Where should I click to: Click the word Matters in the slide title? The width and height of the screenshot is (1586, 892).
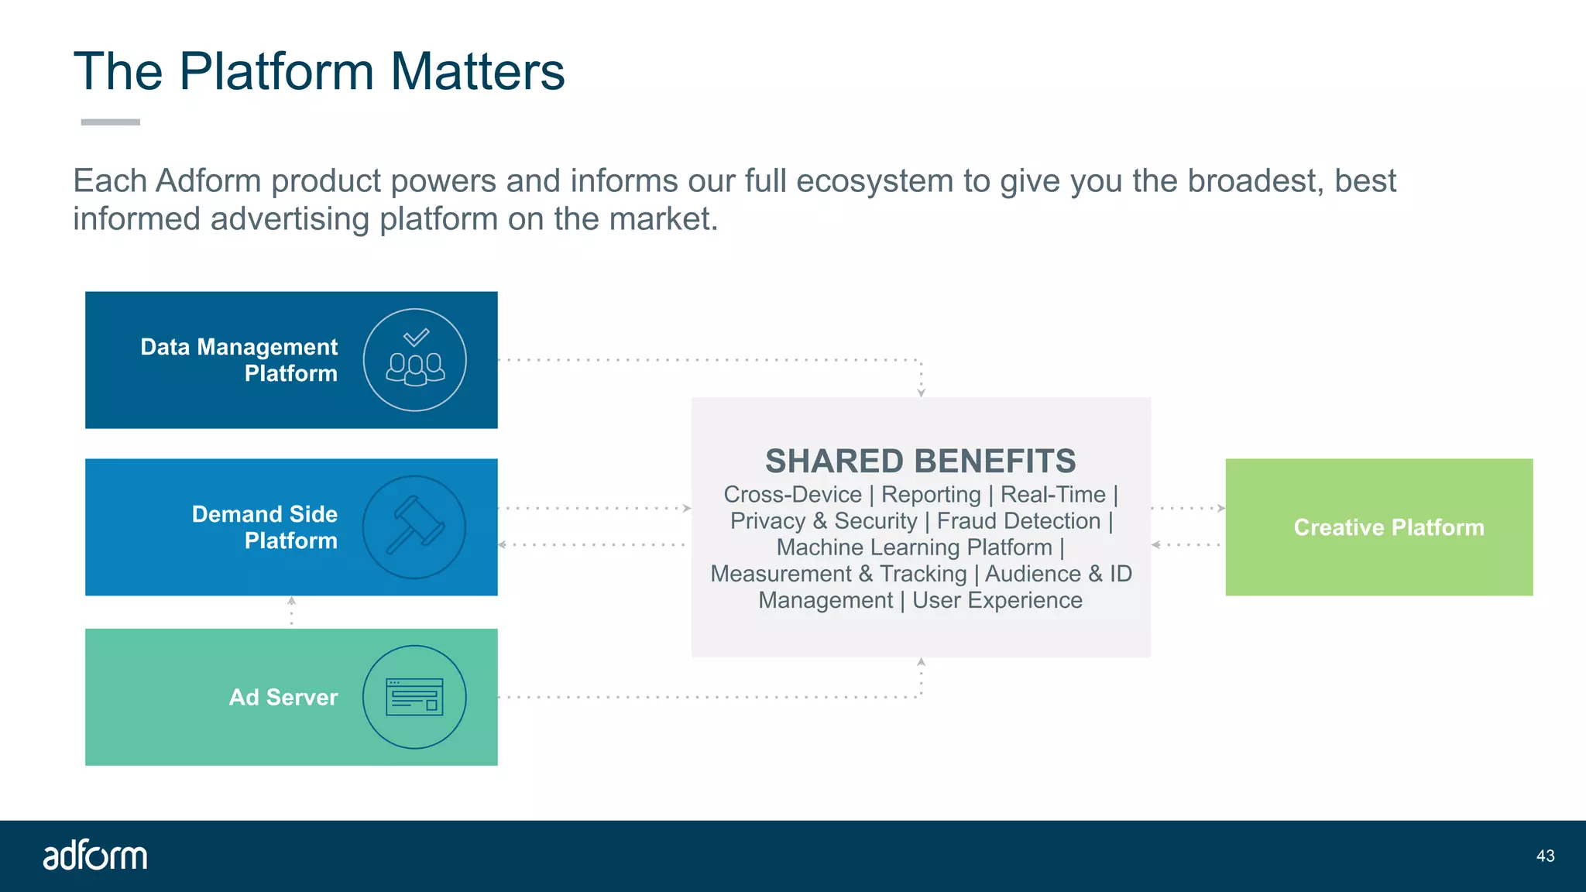[477, 71]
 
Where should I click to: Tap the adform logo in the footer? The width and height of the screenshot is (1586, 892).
[94, 856]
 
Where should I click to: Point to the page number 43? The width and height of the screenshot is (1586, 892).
[1545, 856]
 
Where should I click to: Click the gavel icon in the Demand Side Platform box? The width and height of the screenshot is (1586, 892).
[415, 527]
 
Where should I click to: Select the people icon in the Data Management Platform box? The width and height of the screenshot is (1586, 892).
[415, 361]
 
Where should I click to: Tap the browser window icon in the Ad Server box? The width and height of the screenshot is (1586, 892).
[415, 697]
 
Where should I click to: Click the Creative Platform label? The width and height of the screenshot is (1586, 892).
[1389, 527]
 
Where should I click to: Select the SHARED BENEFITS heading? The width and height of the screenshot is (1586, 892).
[920, 461]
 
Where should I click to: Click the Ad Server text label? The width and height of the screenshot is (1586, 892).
[283, 697]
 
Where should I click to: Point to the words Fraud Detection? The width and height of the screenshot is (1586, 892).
[1018, 521]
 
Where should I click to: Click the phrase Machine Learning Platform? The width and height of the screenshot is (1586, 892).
[914, 547]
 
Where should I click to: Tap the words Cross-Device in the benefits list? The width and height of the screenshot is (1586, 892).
[792, 494]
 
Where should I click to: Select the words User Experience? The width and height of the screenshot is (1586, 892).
[997, 600]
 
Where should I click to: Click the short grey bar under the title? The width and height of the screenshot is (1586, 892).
[111, 122]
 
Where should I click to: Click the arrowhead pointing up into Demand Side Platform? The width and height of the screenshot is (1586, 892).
[292, 601]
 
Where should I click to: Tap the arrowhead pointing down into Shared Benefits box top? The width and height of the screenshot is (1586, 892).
[921, 393]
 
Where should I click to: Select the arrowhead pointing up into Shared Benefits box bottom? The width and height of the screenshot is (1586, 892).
[921, 662]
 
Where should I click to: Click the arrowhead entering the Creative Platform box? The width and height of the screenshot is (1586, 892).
[1221, 509]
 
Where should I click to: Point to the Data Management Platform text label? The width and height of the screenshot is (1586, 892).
[240, 360]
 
